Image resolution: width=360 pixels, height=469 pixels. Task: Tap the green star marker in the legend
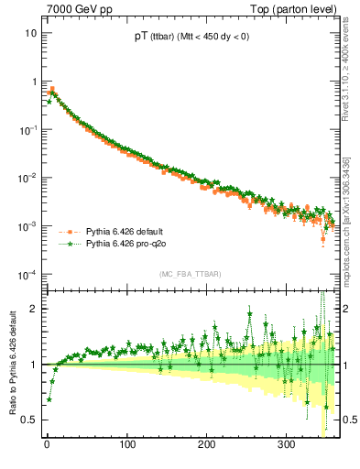pos(66,245)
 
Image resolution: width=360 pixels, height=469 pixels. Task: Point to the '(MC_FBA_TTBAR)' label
pos(191,274)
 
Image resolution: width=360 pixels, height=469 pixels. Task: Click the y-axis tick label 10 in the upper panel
pos(31,33)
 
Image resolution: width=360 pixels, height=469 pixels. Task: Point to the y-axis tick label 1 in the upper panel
pos(34,82)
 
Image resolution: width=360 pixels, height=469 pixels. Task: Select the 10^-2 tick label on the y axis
pos(28,178)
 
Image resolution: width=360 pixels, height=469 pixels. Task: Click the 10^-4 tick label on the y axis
pos(28,274)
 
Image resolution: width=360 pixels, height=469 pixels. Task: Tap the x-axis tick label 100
pos(126,444)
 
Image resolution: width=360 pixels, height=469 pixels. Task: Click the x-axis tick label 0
pos(47,444)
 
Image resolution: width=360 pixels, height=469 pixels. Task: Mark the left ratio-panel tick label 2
pos(34,309)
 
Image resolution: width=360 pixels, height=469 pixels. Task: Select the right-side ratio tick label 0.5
pos(349,420)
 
